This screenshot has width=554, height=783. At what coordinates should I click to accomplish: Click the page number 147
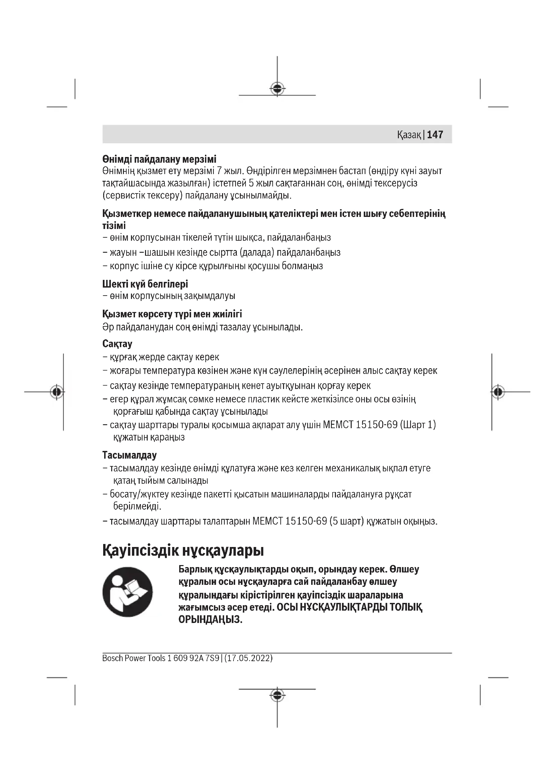point(435,135)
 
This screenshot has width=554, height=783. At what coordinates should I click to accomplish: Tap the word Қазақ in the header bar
point(409,135)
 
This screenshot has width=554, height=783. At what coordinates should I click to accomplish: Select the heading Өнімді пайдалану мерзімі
point(159,159)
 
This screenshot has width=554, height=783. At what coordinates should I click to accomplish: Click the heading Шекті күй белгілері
point(145,284)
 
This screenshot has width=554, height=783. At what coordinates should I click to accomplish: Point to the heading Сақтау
point(117,344)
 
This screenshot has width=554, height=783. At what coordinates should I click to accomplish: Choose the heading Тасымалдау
point(129,455)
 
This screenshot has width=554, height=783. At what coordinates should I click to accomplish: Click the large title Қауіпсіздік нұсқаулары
point(183,550)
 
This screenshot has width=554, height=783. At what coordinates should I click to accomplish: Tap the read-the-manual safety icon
point(128,592)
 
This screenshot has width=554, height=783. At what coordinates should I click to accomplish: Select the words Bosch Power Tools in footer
point(134,658)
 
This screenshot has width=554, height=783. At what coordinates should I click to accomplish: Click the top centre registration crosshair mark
point(277,89)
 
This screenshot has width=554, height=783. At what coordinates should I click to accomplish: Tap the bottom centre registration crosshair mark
point(277,695)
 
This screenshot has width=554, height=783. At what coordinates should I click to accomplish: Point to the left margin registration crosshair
point(57,392)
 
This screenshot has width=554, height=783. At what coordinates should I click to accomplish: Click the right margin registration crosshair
point(498,392)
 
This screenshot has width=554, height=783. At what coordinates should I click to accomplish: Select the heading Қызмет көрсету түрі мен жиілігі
point(172,314)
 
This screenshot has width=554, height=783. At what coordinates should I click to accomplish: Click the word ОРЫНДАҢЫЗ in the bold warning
point(210,619)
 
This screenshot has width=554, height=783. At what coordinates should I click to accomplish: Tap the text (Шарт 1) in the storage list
point(418,424)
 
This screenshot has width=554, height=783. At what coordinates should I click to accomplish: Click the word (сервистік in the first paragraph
point(122,195)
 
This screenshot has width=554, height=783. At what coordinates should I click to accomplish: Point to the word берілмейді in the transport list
point(137,506)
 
